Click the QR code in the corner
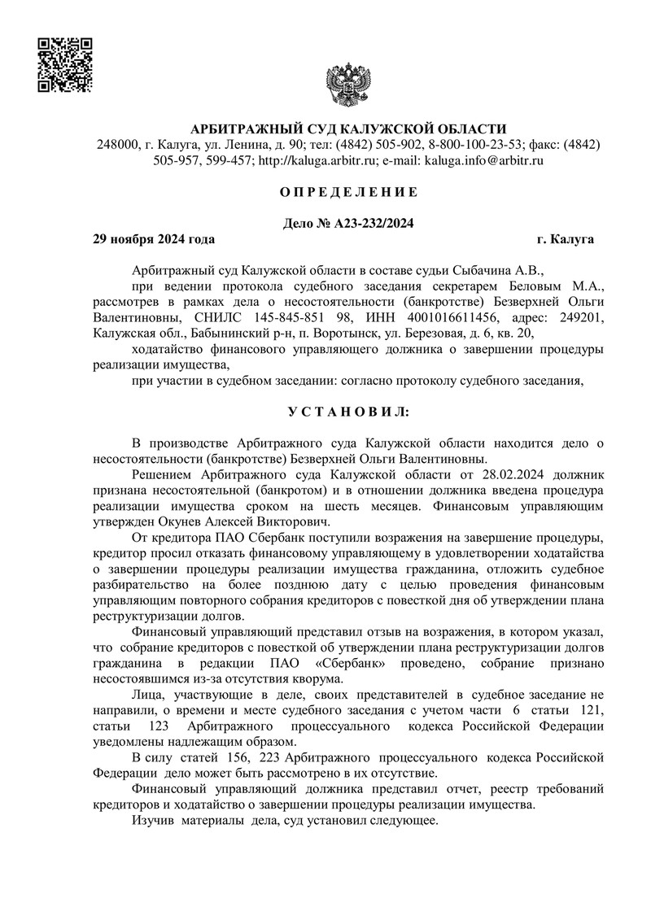(65, 65)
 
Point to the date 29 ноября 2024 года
(155, 239)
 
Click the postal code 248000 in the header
(116, 144)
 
